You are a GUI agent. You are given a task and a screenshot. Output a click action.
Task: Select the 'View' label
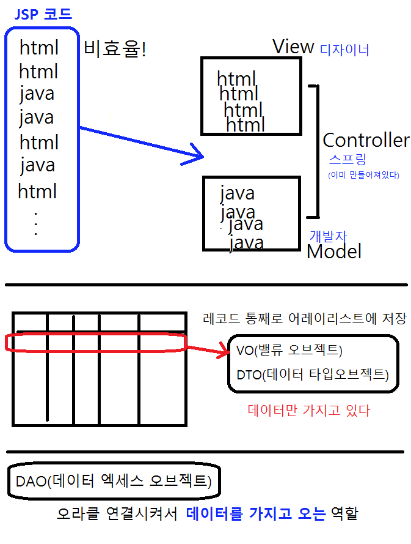293,47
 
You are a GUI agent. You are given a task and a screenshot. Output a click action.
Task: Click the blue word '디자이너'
344,50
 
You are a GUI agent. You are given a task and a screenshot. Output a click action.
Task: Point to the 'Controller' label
366,140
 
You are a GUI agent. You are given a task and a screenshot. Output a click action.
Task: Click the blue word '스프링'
347,160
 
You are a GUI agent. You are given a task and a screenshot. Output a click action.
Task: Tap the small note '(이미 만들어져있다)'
363,175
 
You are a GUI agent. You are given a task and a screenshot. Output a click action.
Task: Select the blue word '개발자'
329,236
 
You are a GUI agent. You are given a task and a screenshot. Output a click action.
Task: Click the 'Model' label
333,251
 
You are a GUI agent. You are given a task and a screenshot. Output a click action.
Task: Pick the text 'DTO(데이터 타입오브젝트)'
312,374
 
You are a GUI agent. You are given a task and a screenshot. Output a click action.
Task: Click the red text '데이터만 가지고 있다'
308,410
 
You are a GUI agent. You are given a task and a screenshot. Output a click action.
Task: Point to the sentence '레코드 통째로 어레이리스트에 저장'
304,319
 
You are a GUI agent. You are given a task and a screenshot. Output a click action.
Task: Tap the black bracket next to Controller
316,151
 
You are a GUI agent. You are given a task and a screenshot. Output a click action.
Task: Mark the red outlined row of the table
95,343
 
